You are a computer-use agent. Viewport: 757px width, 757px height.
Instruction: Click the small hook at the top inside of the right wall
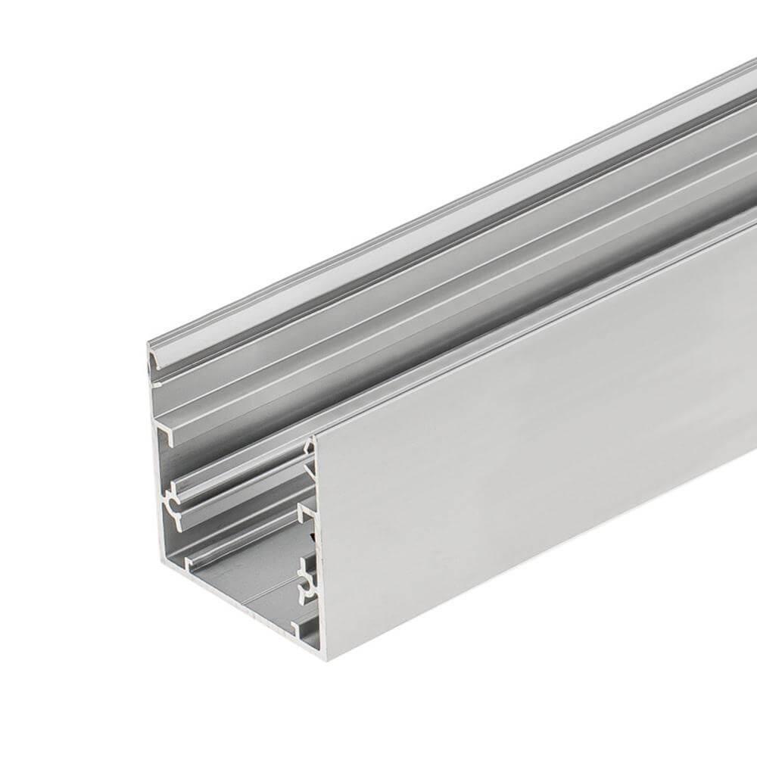click(309, 448)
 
